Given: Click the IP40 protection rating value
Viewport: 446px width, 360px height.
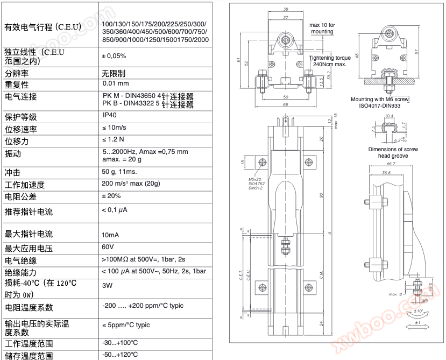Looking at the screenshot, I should pos(109,115).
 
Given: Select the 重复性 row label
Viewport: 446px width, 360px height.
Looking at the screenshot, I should pos(17,85).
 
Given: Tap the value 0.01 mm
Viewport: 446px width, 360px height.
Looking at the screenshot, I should pos(116,83).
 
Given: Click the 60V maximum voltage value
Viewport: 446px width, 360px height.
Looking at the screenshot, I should pos(108,247).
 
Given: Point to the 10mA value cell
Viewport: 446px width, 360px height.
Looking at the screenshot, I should pos(110,235).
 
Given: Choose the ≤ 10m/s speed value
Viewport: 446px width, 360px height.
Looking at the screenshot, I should pos(115,128).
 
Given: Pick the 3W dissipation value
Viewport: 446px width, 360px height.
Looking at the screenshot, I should pos(107,286).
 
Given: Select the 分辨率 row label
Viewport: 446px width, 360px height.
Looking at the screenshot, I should pos(17,73).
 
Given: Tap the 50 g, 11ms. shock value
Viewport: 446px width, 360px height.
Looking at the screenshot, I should pos(119,172).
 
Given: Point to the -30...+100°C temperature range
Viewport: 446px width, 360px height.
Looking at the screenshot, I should pos(120,343).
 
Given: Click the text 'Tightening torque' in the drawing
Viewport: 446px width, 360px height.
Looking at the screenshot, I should pos(330,58).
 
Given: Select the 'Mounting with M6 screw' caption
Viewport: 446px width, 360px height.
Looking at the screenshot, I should pos(380,100).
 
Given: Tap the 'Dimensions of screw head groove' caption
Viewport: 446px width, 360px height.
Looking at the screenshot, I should pos(393,152).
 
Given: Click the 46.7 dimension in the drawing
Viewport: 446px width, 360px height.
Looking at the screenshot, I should pos(391,164).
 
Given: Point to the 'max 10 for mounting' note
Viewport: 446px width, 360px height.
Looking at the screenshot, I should pos(322,28).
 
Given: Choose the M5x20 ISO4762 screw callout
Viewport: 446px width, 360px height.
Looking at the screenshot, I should pos(256,183).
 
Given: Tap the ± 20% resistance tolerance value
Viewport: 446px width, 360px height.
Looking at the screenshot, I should pos(111,196).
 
